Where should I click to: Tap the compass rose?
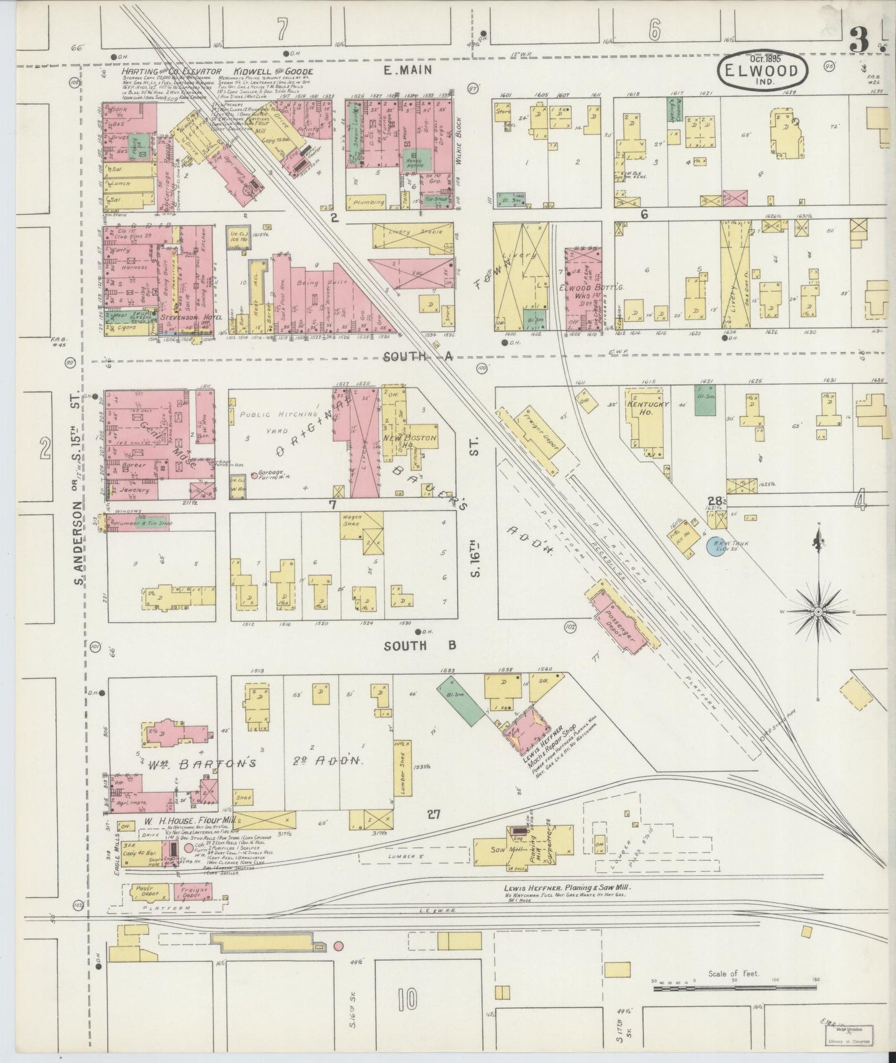(x=818, y=612)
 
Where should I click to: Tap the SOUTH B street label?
(x=420, y=646)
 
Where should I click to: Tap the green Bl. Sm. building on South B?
(x=461, y=700)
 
